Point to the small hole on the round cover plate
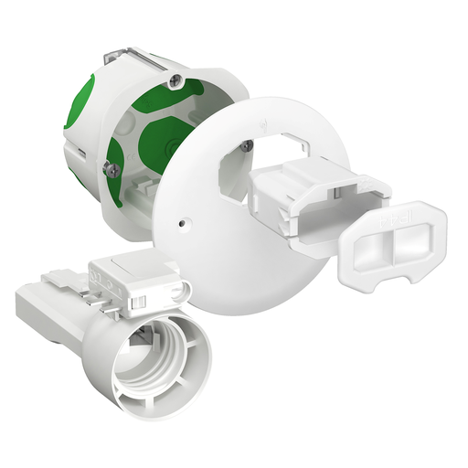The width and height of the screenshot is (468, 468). click(x=184, y=220)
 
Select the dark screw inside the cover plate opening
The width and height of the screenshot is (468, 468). click(x=250, y=143)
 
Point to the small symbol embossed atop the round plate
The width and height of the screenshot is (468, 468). click(x=264, y=121)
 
